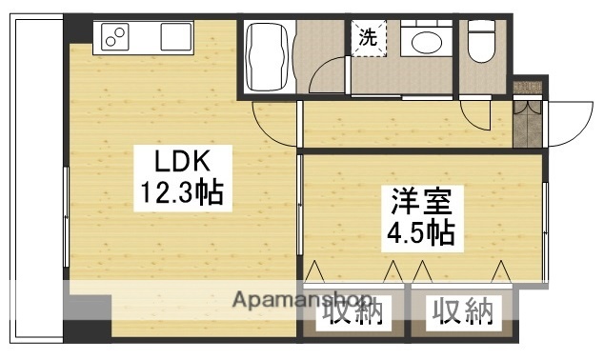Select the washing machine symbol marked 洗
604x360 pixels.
click(367, 39)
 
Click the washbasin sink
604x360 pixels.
click(420, 45)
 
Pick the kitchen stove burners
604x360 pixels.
click(115, 38)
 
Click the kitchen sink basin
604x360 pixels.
click(176, 37)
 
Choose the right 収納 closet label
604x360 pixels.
click(463, 311)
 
